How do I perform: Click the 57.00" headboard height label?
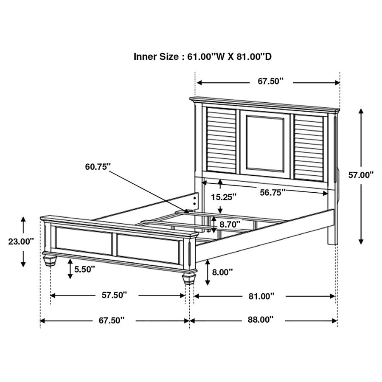361,174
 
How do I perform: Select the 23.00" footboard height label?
21,242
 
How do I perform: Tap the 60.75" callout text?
98,166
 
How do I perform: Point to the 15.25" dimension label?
224,197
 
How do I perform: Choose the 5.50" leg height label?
85,269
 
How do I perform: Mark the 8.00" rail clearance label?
223,272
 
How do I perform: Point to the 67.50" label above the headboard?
270,81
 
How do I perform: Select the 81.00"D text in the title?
255,56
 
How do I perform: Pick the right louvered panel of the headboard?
310,146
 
